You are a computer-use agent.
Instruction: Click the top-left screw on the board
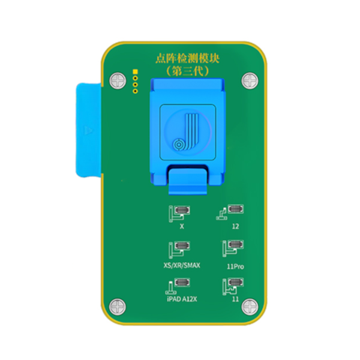click(118, 80)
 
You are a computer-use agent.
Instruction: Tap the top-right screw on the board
click(250, 80)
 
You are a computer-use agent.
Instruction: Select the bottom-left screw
click(118, 307)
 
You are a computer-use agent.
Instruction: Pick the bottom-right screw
click(250, 307)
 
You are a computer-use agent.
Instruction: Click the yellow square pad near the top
click(135, 72)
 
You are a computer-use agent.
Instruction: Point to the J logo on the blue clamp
click(187, 132)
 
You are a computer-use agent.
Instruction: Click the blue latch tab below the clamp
click(188, 181)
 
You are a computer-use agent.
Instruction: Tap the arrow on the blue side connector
click(88, 130)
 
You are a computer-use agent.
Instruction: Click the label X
click(182, 226)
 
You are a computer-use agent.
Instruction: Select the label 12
click(235, 226)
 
